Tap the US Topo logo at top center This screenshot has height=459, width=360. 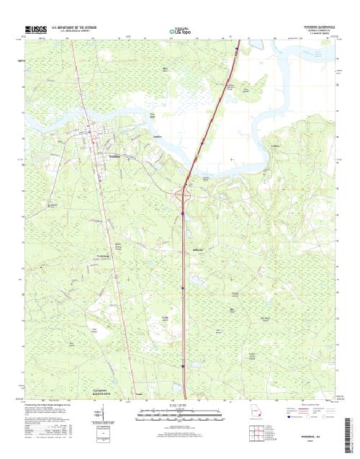click(179, 32)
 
